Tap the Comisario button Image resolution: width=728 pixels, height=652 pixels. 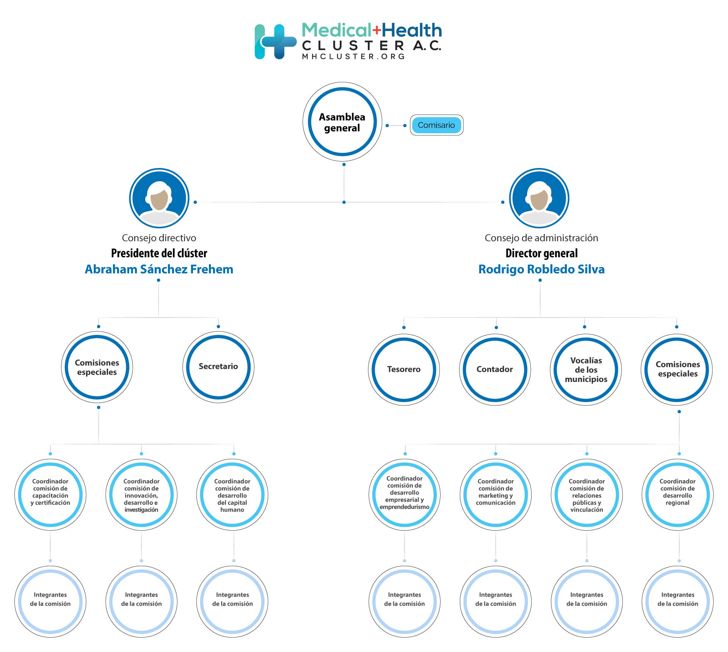(x=436, y=125)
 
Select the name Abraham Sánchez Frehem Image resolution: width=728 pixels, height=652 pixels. (x=159, y=269)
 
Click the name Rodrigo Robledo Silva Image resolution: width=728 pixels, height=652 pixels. (x=541, y=269)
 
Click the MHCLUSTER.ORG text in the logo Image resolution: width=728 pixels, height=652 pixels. (x=353, y=57)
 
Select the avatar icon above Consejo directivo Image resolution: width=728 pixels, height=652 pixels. (x=159, y=198)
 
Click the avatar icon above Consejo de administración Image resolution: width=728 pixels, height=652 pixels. (x=539, y=198)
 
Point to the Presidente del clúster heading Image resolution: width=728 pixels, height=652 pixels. (x=159, y=253)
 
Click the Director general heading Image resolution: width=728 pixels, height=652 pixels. (x=541, y=253)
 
